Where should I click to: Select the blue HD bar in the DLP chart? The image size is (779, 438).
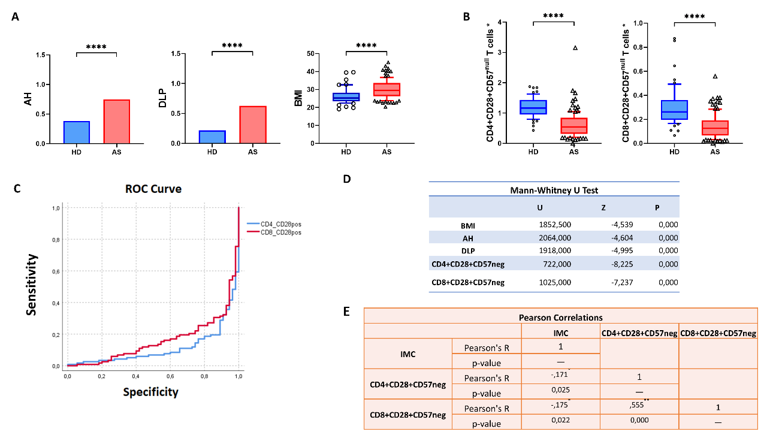click(x=212, y=137)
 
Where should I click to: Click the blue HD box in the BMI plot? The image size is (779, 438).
click(x=346, y=97)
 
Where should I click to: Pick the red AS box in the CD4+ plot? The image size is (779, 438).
click(x=574, y=125)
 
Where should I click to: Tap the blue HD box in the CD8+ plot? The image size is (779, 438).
click(x=674, y=110)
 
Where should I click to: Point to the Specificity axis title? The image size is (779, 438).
click(x=150, y=392)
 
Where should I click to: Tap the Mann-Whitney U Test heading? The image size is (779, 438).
click(x=554, y=190)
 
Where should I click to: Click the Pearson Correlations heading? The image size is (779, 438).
click(x=561, y=317)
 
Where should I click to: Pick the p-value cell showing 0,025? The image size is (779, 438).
click(x=561, y=393)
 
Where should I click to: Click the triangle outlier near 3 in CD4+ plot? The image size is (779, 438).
click(x=575, y=48)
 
